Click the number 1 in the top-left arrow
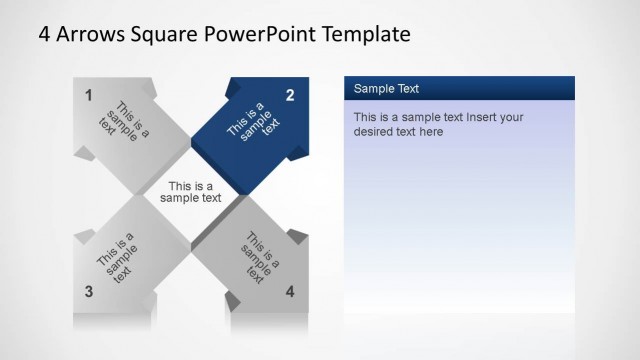(x=89, y=96)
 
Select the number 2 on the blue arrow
(x=290, y=96)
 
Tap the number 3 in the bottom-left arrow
(x=89, y=292)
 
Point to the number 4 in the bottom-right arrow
(x=290, y=292)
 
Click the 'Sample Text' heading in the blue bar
(x=386, y=89)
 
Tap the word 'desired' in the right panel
(x=374, y=131)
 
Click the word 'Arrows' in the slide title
(x=91, y=35)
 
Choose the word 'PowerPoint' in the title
(x=262, y=35)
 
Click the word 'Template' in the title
(x=367, y=35)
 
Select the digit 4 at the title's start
(x=45, y=35)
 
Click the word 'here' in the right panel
(x=431, y=131)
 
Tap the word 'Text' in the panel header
(x=405, y=89)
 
